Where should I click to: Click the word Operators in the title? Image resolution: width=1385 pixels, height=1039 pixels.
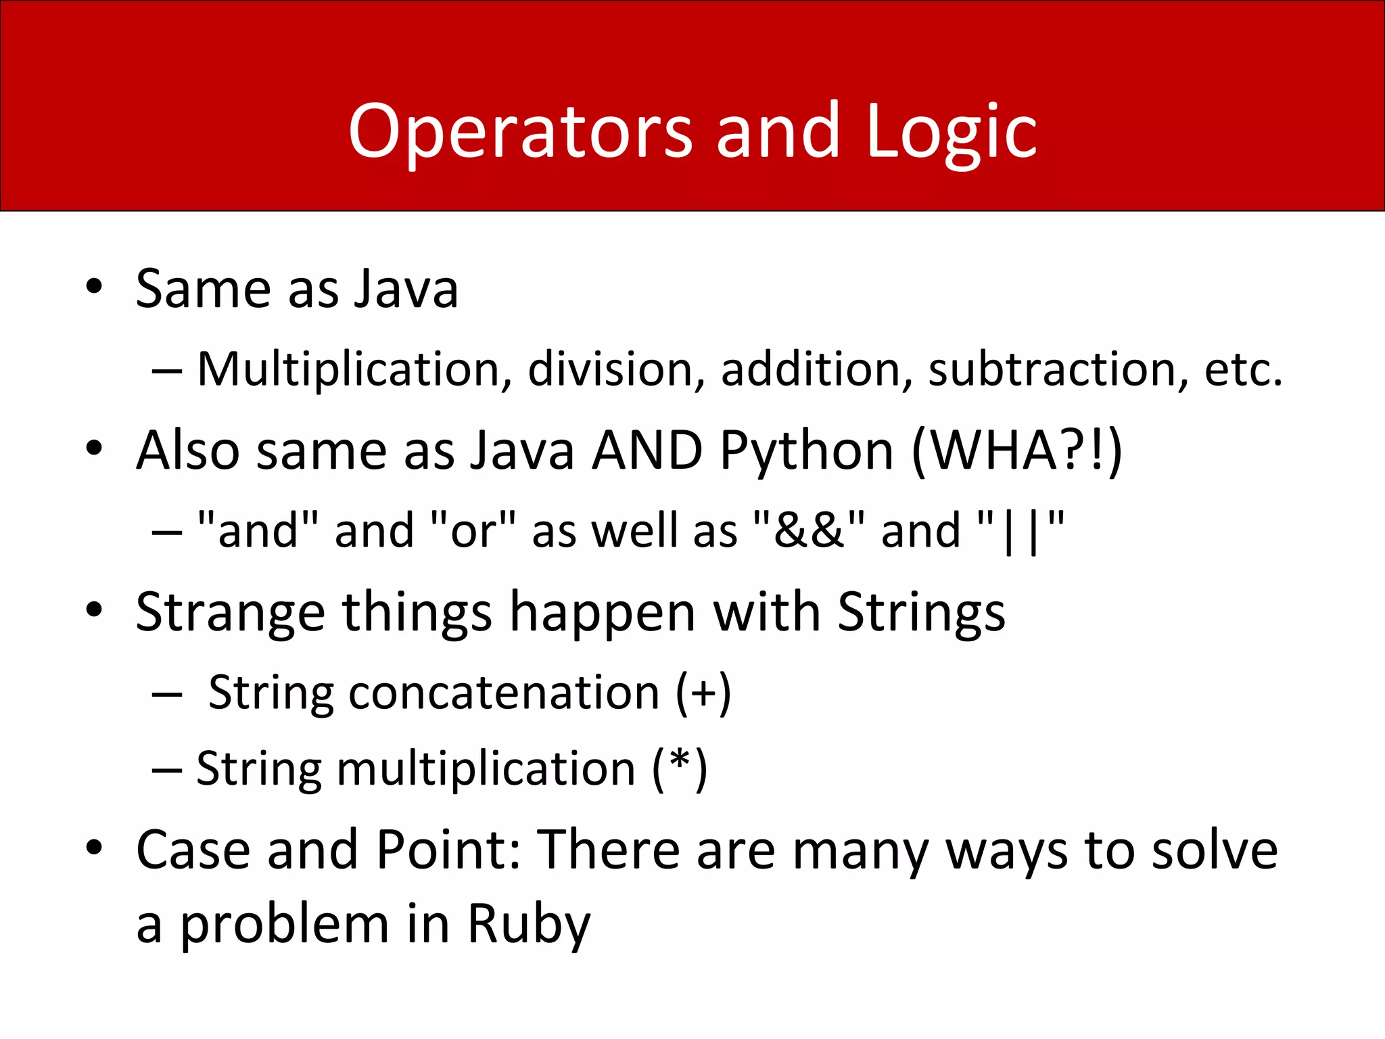520,132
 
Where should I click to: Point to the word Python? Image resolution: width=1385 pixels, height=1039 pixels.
806,451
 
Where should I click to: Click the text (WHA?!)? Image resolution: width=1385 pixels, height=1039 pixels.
1016,451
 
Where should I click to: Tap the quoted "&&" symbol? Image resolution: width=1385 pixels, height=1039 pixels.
809,530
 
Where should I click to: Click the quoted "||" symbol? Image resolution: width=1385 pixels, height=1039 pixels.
1021,530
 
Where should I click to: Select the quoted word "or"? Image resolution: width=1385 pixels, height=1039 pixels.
473,530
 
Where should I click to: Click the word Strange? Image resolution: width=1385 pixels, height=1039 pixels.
230,612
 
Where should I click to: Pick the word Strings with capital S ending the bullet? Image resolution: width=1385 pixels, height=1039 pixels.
921,612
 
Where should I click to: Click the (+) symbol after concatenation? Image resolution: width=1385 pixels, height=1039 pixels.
703,693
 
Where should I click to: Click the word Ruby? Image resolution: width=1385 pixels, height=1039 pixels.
529,924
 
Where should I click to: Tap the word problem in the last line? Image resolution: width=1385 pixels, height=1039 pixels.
285,924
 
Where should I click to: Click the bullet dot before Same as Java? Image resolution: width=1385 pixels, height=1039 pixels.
94,287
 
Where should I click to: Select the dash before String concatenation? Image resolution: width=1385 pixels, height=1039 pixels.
167,694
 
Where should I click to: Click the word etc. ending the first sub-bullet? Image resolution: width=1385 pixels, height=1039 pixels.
1243,369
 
